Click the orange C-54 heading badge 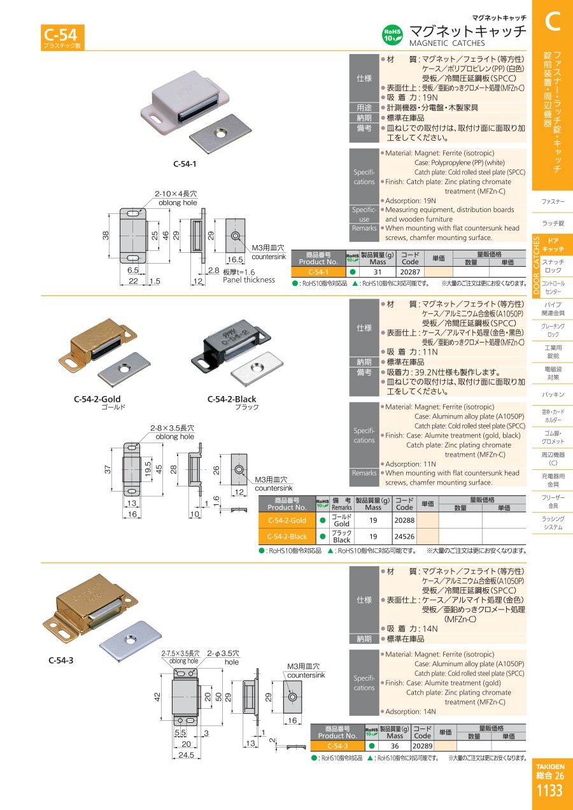[x=62, y=36]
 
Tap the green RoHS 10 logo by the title [x=392, y=34]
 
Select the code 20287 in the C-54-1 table [x=411, y=271]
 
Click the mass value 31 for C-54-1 [x=378, y=271]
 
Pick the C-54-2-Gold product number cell [x=286, y=520]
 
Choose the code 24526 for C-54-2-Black [x=404, y=536]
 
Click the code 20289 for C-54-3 [x=423, y=746]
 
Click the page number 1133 [x=550, y=791]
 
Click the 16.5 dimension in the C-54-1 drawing [x=235, y=260]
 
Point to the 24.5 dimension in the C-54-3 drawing [x=185, y=755]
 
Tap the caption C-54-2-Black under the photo [x=232, y=400]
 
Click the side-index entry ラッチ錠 [x=553, y=223]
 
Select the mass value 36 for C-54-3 [x=395, y=746]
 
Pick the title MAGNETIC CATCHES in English [x=446, y=43]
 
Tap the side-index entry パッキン [x=553, y=395]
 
